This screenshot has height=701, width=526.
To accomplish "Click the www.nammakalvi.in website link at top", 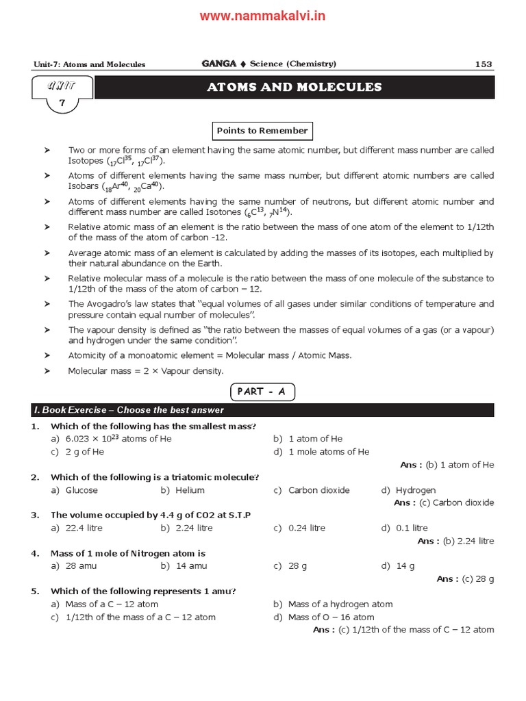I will click(262, 16).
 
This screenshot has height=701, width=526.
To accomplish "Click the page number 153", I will click(483, 64).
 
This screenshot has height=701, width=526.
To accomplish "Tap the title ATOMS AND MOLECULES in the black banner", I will click(294, 88).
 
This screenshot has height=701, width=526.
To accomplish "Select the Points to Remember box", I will click(262, 131).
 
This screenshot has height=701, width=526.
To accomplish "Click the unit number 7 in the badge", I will click(62, 102).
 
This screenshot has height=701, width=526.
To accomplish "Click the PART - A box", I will click(262, 392).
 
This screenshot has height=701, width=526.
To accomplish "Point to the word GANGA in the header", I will click(218, 64).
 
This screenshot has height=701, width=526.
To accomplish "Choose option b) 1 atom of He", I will click(308, 439).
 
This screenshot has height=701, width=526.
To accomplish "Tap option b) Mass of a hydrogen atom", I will click(333, 604).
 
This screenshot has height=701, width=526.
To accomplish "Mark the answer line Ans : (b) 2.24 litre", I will click(455, 541).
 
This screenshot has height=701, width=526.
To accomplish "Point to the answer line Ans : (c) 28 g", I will click(465, 578).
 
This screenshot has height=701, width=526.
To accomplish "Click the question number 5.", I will click(34, 591).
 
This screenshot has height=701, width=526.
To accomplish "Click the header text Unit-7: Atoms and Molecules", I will click(89, 64).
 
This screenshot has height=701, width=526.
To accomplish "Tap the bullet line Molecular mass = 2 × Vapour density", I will click(145, 371).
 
